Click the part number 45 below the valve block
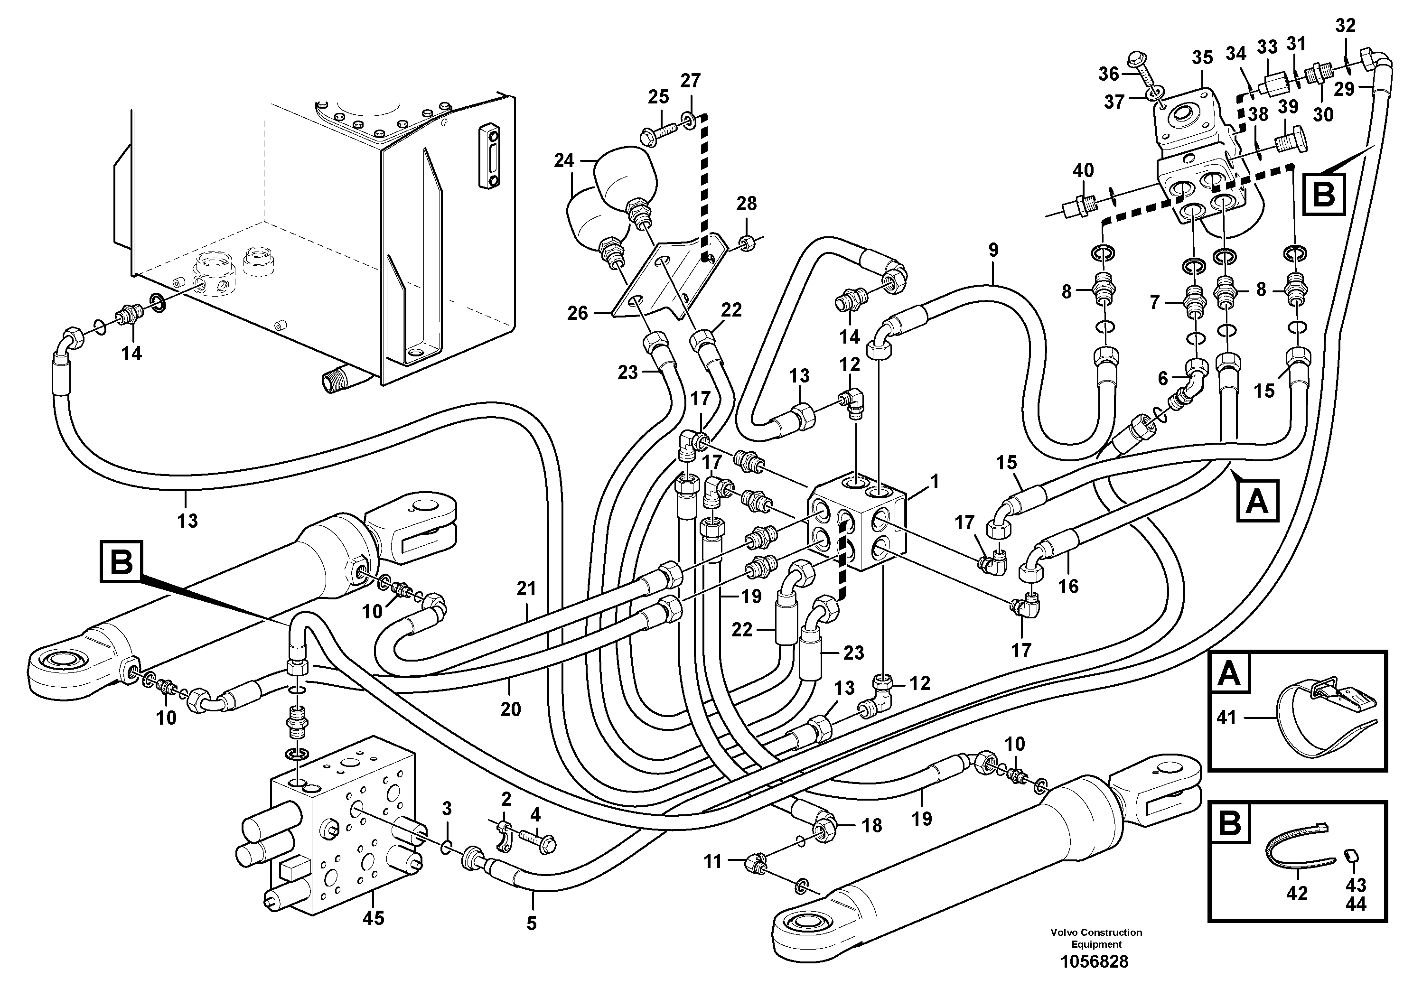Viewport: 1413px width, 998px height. tap(373, 919)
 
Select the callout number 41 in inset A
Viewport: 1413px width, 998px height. tap(1226, 718)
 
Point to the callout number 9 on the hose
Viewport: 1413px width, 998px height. tap(993, 251)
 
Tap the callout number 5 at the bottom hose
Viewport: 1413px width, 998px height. tap(531, 923)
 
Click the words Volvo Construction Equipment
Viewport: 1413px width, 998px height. tap(1096, 938)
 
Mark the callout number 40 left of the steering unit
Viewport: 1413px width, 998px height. tap(1084, 170)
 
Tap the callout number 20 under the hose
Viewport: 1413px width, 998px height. tap(510, 709)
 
